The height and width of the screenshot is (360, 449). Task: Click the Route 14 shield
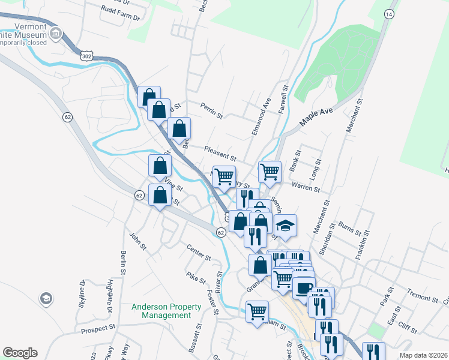[390, 13]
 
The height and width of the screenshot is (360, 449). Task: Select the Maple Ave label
[316, 116]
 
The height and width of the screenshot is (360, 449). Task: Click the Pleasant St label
[219, 154]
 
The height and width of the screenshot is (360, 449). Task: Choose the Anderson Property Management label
[161, 311]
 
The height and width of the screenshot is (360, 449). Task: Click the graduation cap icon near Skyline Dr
[46, 298]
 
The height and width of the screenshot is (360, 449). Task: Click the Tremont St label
[423, 298]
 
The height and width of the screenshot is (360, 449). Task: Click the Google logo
[20, 353]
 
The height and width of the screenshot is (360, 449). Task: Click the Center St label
[199, 253]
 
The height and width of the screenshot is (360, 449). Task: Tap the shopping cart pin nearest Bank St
[270, 171]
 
